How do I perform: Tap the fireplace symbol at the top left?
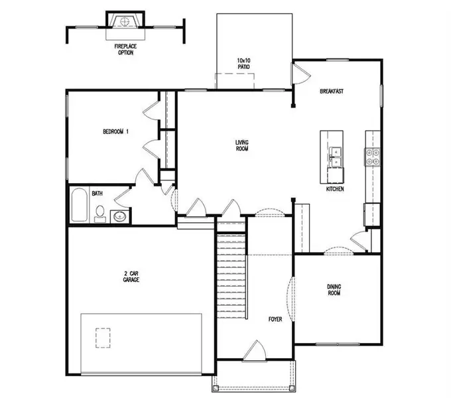click(124, 22)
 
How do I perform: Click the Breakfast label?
click(331, 91)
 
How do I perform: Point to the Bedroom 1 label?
click(115, 132)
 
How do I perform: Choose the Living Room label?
click(241, 145)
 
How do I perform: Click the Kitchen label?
click(335, 190)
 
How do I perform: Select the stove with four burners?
click(372, 156)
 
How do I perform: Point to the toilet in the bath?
click(100, 213)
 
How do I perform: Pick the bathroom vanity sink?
click(120, 216)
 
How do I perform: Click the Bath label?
click(97, 194)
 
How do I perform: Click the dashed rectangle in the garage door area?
click(103, 338)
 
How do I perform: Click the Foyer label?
click(275, 319)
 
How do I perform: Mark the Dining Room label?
click(334, 290)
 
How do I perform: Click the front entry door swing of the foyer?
click(255, 350)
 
